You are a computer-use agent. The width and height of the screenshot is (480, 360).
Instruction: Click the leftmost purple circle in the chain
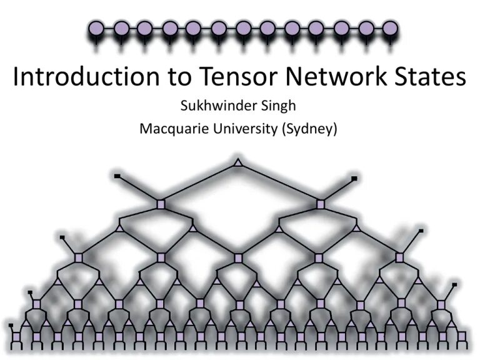(96, 28)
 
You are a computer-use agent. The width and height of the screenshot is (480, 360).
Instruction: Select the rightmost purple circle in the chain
(390, 28)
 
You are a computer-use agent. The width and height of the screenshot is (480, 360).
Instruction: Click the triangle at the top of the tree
(237, 163)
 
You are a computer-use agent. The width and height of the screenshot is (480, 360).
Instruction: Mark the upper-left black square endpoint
(117, 176)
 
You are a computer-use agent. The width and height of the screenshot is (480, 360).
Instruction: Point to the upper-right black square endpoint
(354, 179)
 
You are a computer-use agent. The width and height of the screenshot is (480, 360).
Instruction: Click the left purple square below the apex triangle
(160, 204)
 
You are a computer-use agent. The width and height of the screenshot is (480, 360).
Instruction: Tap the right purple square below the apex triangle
(321, 204)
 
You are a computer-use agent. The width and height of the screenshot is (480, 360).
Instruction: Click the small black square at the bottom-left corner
(11, 326)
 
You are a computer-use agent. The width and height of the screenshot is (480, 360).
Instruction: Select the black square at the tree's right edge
(421, 231)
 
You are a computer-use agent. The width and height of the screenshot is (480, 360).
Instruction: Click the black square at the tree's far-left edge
(61, 237)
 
